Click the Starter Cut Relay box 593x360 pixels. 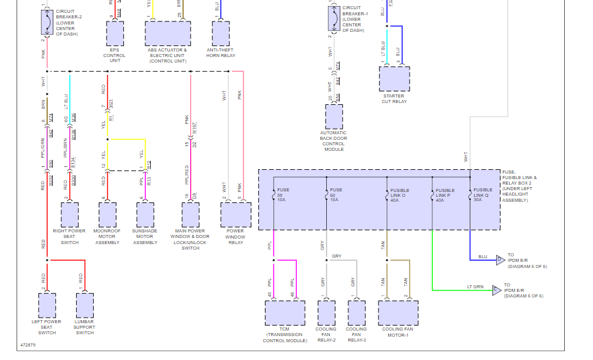(x=394, y=79)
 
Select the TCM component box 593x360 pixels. (x=285, y=313)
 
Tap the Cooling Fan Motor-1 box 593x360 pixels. (x=398, y=313)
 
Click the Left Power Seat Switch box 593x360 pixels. (x=47, y=305)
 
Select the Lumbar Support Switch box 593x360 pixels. (x=85, y=305)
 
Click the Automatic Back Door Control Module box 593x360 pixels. (x=334, y=117)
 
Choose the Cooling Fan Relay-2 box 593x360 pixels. (x=326, y=313)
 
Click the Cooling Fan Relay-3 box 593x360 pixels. (x=356, y=313)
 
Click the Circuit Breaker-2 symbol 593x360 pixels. (x=47, y=23)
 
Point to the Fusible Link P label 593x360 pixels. (x=445, y=195)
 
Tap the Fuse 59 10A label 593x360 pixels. (x=283, y=194)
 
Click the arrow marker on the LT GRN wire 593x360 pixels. (x=497, y=290)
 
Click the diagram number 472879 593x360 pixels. (x=28, y=345)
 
